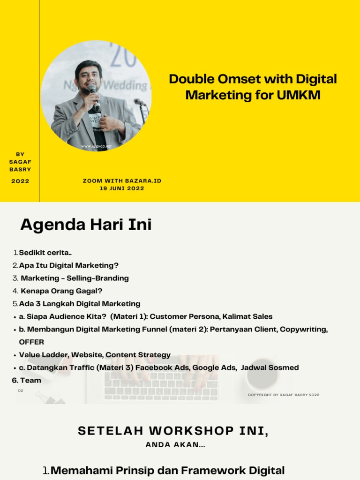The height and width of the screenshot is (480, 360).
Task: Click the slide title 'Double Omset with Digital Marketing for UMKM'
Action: (253, 87)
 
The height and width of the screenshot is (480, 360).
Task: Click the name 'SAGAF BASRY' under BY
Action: (20, 165)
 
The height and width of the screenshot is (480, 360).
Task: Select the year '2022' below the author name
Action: (20, 181)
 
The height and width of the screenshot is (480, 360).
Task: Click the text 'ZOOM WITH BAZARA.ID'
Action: (122, 180)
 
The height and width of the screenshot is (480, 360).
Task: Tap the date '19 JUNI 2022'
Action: (122, 188)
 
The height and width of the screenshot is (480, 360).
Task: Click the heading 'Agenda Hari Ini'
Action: (86, 225)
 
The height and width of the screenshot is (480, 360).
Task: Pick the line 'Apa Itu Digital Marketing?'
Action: (68, 265)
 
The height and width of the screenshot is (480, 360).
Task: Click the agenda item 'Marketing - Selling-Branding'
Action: (75, 278)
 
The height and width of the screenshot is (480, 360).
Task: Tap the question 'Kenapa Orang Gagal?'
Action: (61, 291)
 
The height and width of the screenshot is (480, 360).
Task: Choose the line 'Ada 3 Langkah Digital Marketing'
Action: (79, 304)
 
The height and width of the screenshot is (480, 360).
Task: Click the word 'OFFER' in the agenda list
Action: (31, 342)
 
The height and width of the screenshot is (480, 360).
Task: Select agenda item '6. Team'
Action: (27, 381)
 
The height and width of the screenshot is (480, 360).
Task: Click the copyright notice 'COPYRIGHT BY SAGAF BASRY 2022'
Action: (283, 395)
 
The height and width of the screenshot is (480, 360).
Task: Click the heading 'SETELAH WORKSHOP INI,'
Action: (173, 431)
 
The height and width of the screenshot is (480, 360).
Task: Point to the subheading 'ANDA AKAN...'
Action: (175, 445)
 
